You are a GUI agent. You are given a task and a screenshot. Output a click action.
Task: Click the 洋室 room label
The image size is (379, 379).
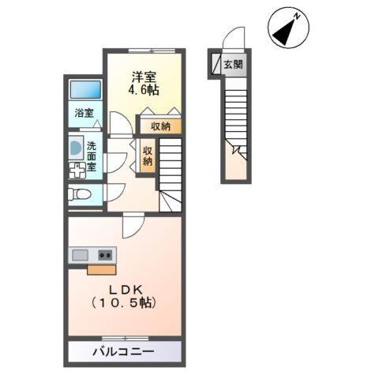coord(144,77)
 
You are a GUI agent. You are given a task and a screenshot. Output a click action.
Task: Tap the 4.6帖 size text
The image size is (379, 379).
coord(144,90)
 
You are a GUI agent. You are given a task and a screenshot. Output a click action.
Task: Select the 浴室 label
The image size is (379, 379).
coord(84,113)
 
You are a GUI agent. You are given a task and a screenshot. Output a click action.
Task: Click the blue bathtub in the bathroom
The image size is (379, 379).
coord(84,89)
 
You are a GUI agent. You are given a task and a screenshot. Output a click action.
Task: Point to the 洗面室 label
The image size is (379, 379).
coord(92,156)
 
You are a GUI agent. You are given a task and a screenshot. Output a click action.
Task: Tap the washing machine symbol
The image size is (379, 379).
coord(77,171)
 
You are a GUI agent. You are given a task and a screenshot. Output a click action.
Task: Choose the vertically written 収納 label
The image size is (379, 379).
coord(148,155)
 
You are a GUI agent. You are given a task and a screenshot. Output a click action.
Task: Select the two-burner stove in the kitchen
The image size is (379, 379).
coord(105,255)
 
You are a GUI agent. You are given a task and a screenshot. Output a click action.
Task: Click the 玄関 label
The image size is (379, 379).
coord(233,66)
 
